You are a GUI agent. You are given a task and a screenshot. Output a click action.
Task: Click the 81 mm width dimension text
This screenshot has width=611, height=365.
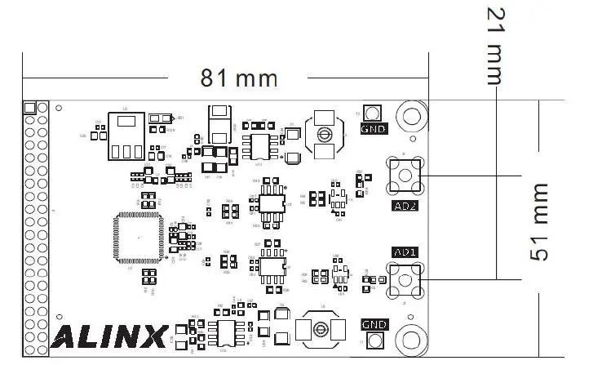coord(239,79)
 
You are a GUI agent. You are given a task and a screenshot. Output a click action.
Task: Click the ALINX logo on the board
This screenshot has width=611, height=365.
coord(111,336)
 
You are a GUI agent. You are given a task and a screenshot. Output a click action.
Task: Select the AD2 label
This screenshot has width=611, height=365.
coord(405,206)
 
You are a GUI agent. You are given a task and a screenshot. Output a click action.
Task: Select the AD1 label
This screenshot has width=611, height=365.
coord(405,252)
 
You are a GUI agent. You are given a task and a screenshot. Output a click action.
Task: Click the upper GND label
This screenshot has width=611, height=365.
coord(374,129)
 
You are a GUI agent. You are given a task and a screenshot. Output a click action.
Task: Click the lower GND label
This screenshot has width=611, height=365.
coord(374,325)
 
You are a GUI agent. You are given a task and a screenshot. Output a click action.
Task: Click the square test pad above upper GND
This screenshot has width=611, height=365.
coord(374,113)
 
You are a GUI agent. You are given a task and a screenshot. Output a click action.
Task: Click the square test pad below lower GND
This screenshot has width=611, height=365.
coord(374,341)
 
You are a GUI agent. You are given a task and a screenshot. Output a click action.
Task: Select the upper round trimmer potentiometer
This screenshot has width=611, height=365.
coord(324,135)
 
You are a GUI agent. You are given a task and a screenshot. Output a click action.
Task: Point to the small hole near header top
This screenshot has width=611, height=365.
coord(58,108)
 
